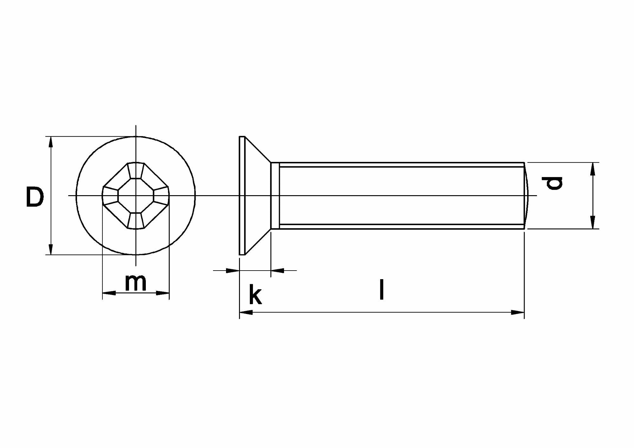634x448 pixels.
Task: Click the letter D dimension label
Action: pos(35,197)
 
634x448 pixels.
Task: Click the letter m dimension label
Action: pos(136,282)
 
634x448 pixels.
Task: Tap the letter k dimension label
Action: pos(255,294)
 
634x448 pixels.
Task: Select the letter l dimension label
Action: pos(382,289)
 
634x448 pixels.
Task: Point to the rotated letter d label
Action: pos(552,183)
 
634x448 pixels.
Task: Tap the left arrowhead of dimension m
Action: pos(109,293)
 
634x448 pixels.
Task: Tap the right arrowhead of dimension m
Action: pos(163,293)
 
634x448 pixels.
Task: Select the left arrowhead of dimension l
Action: pos(246,312)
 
